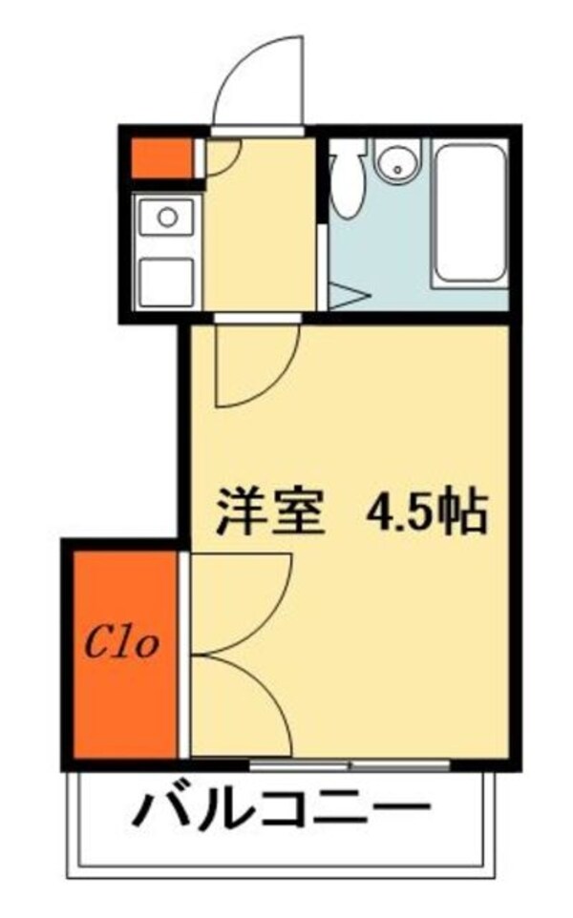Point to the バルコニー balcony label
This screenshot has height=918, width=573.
tap(280, 811)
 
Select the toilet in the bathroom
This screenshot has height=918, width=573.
tap(349, 181)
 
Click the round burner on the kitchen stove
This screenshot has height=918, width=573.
tap(168, 217)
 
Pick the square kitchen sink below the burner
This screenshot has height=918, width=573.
tap(167, 281)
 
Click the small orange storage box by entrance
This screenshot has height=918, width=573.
tap(161, 158)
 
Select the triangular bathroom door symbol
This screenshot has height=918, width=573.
tap(346, 296)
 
